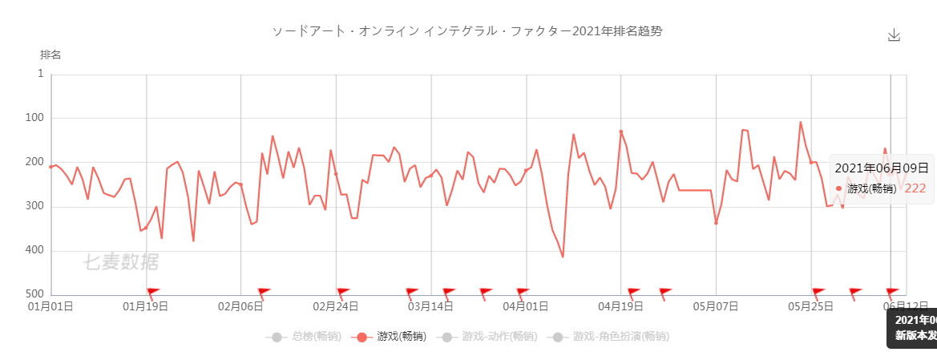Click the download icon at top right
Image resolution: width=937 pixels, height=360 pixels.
[x=895, y=35]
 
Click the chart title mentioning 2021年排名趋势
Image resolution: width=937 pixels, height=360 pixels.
[x=468, y=31]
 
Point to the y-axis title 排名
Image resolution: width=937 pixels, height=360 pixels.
[x=50, y=55]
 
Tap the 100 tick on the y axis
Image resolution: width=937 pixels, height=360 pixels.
[x=35, y=118]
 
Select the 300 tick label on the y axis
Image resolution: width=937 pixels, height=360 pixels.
[x=35, y=207]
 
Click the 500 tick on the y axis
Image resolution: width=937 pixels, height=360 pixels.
[x=35, y=295]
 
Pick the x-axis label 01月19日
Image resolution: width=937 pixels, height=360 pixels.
[x=146, y=306]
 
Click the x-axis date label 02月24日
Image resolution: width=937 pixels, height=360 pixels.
[x=336, y=306]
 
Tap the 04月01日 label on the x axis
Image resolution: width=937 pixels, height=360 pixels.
[x=526, y=306]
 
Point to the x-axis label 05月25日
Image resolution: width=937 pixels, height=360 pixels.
[x=811, y=306]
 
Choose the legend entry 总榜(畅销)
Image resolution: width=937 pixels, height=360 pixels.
[x=308, y=337]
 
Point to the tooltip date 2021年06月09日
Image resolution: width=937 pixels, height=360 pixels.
[x=881, y=168]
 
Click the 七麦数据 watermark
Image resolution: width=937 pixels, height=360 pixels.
[x=120, y=262]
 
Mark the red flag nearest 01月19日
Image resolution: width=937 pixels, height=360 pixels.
[x=153, y=292]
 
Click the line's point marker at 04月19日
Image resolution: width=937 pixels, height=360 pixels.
[x=621, y=131]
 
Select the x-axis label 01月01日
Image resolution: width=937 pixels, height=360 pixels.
[x=51, y=306]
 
